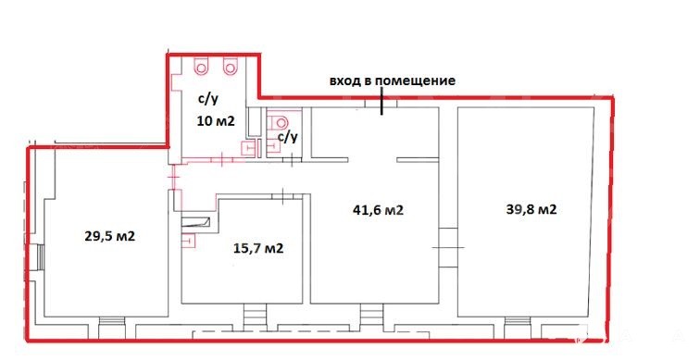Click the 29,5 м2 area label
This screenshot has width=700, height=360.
pyautogui.click(x=109, y=236)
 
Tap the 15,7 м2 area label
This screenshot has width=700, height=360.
pyautogui.click(x=258, y=248)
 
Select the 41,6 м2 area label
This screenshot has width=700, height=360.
pyautogui.click(x=378, y=210)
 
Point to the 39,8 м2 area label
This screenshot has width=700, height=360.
pyautogui.click(x=531, y=209)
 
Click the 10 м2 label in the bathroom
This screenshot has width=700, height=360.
pyautogui.click(x=216, y=120)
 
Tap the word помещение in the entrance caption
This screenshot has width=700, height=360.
pyautogui.click(x=415, y=81)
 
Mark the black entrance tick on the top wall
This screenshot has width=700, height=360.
pyautogui.click(x=381, y=101)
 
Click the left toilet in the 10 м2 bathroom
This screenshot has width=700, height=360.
pyautogui.click(x=200, y=67)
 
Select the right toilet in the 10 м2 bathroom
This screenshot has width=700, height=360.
pyautogui.click(x=230, y=67)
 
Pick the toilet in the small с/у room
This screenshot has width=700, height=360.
pyautogui.click(x=280, y=122)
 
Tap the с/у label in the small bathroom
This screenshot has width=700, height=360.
pyautogui.click(x=287, y=137)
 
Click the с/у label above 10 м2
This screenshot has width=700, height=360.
pyautogui.click(x=209, y=99)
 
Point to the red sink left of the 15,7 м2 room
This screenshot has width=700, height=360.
pyautogui.click(x=189, y=241)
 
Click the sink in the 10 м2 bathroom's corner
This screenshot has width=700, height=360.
pyautogui.click(x=247, y=148)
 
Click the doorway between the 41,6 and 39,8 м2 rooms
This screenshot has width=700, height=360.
pyautogui.click(x=448, y=247)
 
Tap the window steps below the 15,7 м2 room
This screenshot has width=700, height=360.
pyautogui.click(x=255, y=317)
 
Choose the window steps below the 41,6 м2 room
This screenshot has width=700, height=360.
pyautogui.click(x=371, y=317)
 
